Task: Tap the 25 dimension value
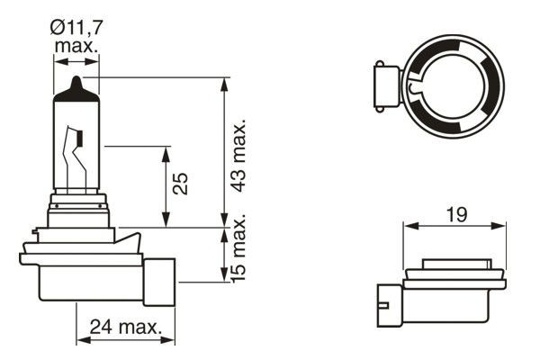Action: point(181,184)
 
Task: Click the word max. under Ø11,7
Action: point(76,45)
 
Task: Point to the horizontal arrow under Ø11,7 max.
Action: point(76,61)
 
